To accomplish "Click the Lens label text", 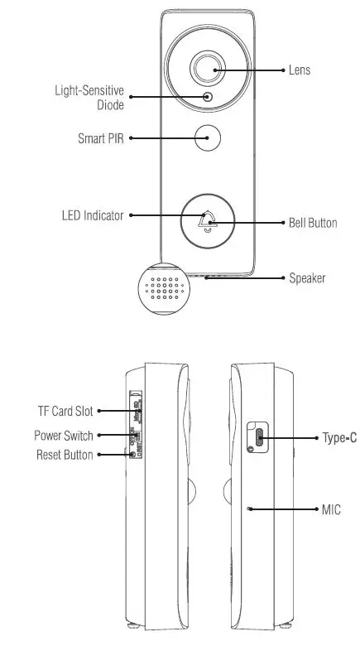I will click(299, 70).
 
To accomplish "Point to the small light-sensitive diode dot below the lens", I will click(207, 98).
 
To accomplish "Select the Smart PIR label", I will click(101, 138).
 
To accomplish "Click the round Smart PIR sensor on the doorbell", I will click(208, 137).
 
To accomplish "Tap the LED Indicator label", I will click(92, 215).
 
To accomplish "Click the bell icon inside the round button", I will click(208, 220).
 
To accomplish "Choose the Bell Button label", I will click(312, 223).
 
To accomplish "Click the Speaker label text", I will click(306, 277).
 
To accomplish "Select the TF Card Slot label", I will click(65, 410).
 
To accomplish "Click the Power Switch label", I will click(64, 436).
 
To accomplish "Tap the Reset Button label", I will click(65, 455).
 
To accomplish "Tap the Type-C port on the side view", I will click(258, 436).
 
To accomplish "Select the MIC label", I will click(330, 509).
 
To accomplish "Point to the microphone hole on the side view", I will click(249, 509).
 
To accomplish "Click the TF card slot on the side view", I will click(138, 411).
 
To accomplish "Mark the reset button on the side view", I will click(132, 454).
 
